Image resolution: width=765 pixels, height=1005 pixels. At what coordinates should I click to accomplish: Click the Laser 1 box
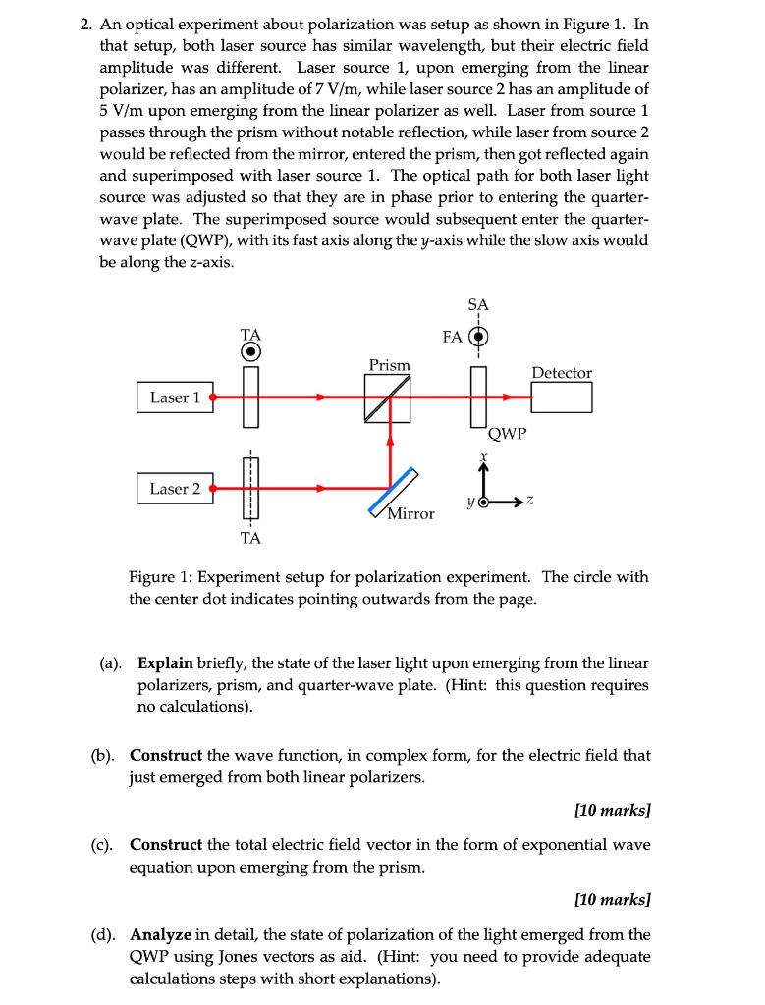[x=175, y=397]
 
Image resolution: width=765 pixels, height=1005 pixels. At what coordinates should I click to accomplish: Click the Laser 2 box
[x=175, y=488]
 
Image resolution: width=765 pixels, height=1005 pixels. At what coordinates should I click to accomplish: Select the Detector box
[x=562, y=397]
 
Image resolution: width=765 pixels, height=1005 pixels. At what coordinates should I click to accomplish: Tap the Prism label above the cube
[x=389, y=365]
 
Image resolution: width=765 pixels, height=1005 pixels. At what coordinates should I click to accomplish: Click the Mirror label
[x=410, y=513]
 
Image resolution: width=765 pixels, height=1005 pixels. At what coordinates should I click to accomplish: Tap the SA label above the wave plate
[x=478, y=305]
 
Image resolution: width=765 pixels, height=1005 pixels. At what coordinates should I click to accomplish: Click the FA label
[x=452, y=337]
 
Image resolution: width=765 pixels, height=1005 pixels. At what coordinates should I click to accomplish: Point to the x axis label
[x=483, y=457]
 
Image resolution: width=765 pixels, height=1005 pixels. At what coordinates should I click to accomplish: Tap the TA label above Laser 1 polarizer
[x=250, y=334]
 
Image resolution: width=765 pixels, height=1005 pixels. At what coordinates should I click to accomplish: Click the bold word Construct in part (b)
[x=165, y=756]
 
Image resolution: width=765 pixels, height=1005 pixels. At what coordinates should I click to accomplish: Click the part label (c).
[x=100, y=845]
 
